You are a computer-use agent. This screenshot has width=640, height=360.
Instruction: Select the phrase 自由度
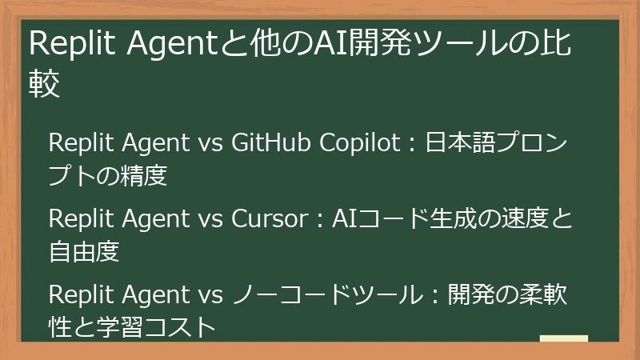pyautogui.click(x=84, y=252)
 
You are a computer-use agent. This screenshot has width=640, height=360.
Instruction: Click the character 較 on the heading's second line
pyautogui.click(x=45, y=83)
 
